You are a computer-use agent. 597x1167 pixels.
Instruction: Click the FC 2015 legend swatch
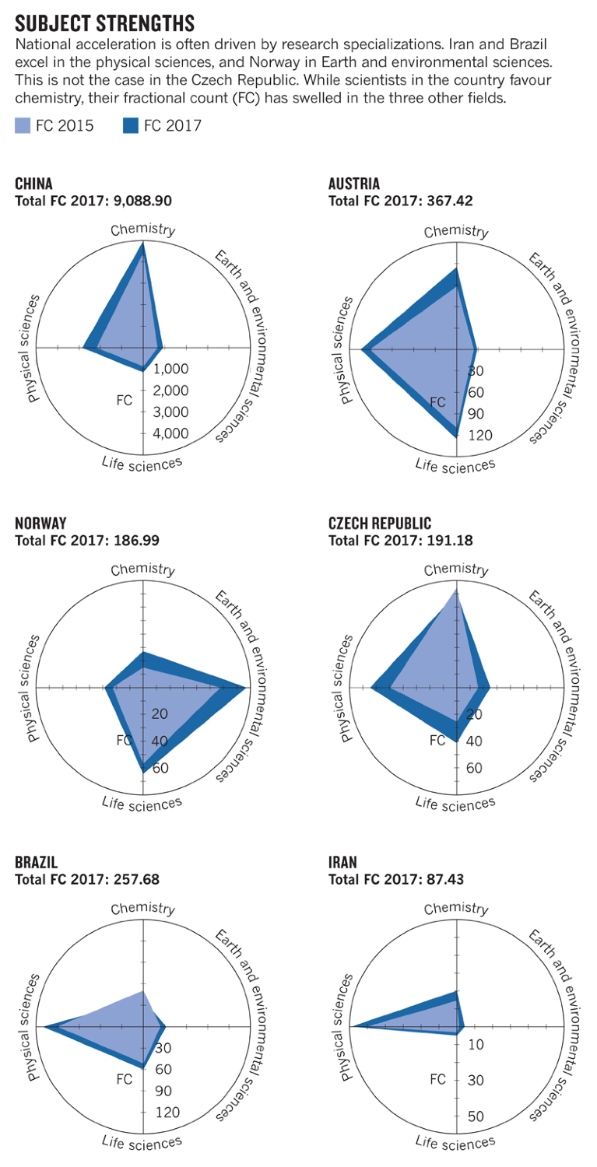[23, 126]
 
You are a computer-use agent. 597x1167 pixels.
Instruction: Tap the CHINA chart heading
[34, 184]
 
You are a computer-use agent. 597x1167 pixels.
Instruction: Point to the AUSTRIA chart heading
[354, 184]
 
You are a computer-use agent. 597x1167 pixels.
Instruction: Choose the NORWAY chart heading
[40, 524]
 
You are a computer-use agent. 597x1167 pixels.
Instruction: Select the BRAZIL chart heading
[37, 862]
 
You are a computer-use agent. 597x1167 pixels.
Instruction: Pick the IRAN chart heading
[343, 862]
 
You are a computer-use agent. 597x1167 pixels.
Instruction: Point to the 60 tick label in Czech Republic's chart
[475, 769]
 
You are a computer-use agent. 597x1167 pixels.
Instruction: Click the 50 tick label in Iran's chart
[476, 1116]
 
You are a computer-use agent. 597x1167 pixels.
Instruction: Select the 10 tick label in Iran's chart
[476, 1045]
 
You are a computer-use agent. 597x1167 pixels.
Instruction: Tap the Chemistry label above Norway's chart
[142, 569]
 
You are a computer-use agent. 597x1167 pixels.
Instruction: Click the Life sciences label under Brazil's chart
[142, 1141]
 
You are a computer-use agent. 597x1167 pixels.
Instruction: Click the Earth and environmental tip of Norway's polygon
[245, 688]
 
